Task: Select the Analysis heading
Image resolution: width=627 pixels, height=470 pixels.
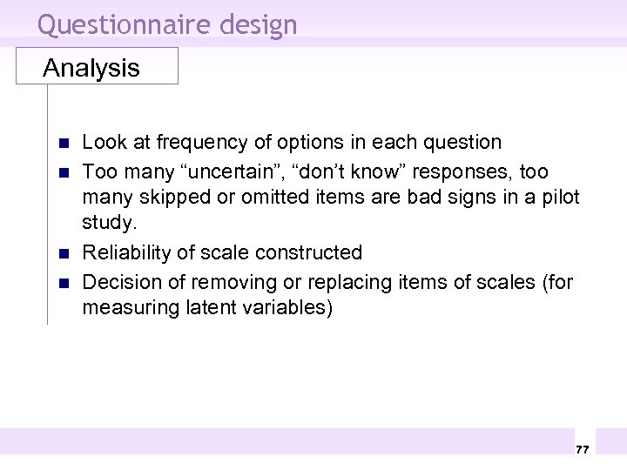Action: coord(91,68)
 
